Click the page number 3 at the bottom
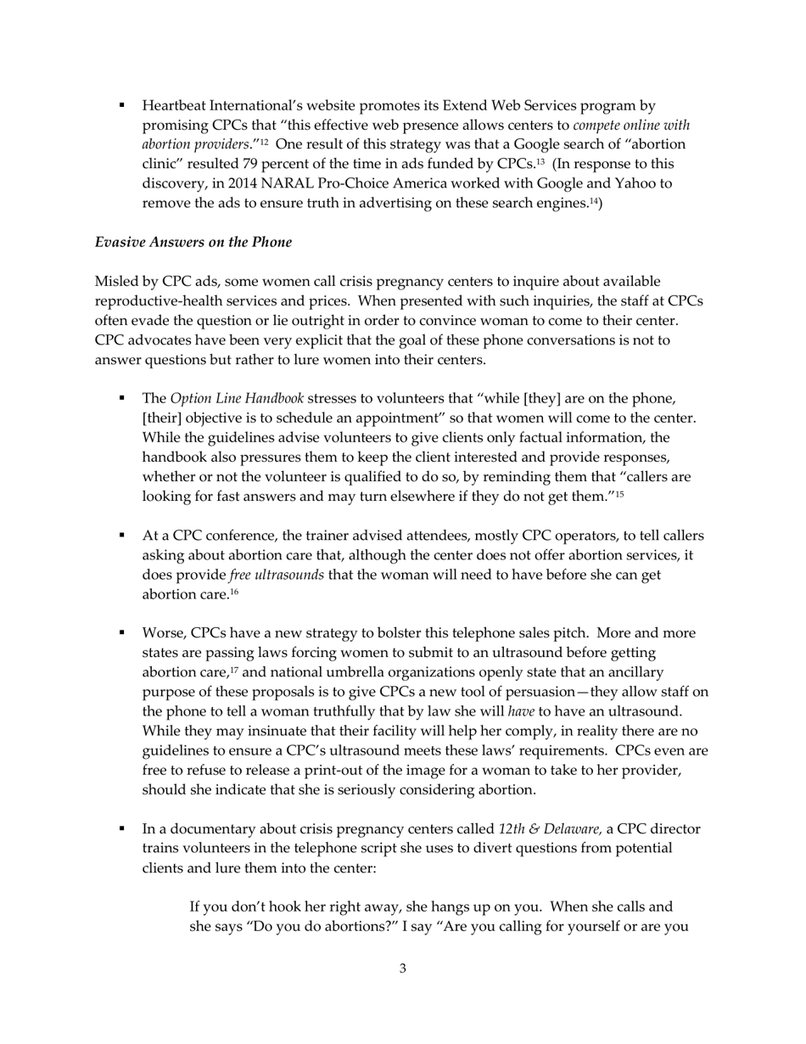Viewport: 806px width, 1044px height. [402, 968]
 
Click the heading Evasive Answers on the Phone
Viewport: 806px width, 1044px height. [193, 243]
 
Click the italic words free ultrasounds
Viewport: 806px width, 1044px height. [277, 575]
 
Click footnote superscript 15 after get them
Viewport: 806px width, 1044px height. [619, 494]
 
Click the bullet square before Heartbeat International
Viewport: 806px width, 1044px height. [122, 106]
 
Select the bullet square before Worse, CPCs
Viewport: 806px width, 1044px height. [122, 633]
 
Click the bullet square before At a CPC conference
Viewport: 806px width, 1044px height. [122, 536]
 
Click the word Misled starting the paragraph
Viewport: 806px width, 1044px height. [115, 282]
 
